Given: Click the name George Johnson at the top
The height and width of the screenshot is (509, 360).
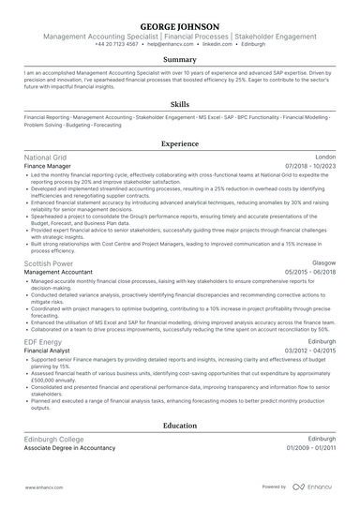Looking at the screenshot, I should [x=180, y=25].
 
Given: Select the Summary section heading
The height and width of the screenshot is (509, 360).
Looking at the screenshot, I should [x=180, y=59].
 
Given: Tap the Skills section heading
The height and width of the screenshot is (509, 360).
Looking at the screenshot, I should [x=180, y=104].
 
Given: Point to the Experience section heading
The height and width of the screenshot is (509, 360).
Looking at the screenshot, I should [x=180, y=143].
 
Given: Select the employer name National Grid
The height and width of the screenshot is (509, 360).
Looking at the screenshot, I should [x=45, y=157].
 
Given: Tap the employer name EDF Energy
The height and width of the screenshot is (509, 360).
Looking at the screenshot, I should [x=43, y=342].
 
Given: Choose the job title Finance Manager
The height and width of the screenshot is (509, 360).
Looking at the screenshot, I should [x=49, y=166].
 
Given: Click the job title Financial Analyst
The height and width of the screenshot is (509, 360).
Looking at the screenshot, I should [x=48, y=351].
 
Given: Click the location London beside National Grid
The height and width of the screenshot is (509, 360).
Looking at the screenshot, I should [x=325, y=157].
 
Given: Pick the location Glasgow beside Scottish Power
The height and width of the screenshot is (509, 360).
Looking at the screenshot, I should [x=323, y=264].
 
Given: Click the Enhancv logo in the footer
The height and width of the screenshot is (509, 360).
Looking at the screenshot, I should [x=314, y=487].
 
